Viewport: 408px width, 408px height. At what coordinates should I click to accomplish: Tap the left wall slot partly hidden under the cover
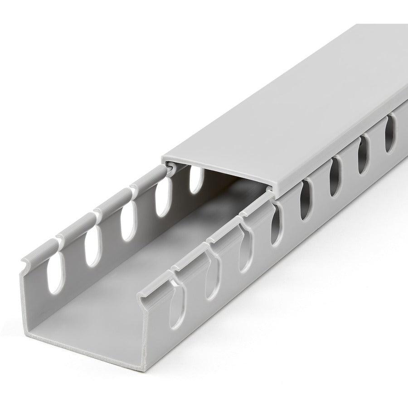[x=196, y=180]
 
